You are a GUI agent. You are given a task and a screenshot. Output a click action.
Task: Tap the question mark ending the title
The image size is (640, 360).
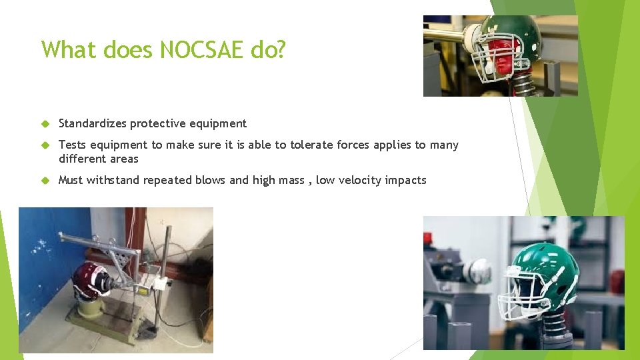pyautogui.click(x=280, y=50)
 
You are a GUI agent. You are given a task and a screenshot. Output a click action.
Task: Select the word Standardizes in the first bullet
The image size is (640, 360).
pyautogui.click(x=93, y=123)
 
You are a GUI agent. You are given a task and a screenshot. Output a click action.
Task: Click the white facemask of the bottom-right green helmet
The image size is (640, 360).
pyautogui.click(x=523, y=293)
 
